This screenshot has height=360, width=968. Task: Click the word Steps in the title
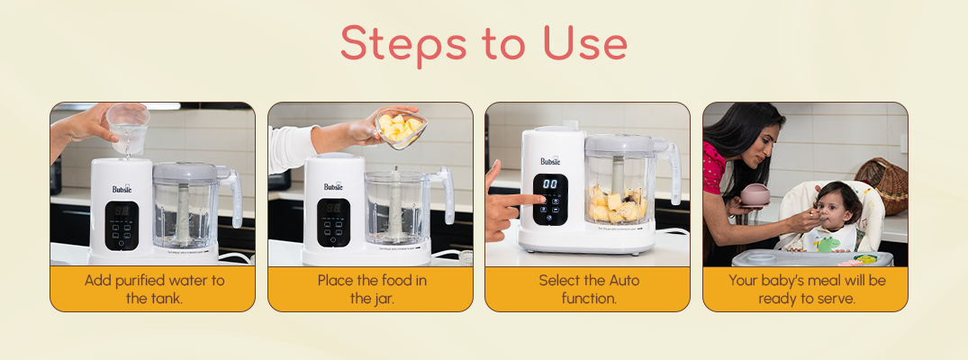403,44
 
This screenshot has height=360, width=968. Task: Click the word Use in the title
585,44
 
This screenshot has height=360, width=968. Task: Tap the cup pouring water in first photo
128,129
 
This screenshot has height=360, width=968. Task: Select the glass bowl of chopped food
401,129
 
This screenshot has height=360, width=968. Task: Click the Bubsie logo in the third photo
551,161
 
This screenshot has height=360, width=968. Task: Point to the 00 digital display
550,184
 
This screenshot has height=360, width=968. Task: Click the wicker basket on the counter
882,186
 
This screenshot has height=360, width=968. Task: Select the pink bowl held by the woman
755,194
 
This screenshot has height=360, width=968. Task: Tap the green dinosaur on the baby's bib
827,244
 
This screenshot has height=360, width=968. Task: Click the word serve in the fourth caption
836,299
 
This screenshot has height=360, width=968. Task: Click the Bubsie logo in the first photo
122,188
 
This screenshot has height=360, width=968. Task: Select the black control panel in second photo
334,222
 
